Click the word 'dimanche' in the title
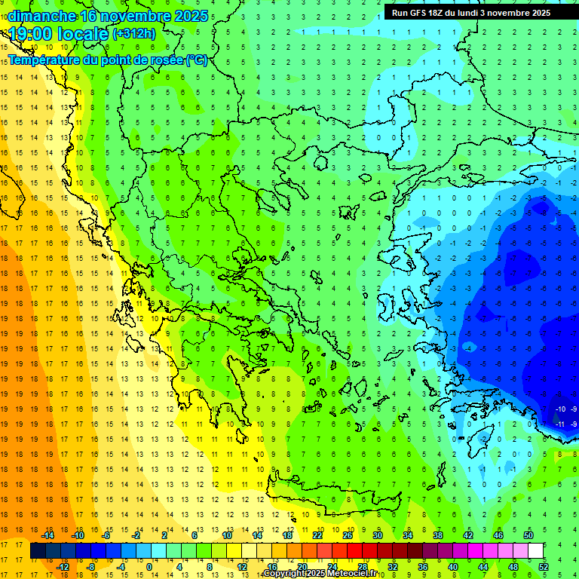tap(41, 16)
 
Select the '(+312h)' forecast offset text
tap(133, 33)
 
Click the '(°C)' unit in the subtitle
tap(196, 60)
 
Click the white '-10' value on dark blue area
tap(560, 409)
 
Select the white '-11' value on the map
tap(560, 424)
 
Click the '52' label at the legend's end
tap(544, 567)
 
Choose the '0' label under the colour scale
tap(149, 567)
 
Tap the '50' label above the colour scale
tap(528, 535)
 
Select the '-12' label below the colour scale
tap(63, 567)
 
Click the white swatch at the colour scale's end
tap(535, 551)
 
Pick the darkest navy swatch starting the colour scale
tap(38, 551)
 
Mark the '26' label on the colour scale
tap(348, 535)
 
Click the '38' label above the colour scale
tap(438, 535)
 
